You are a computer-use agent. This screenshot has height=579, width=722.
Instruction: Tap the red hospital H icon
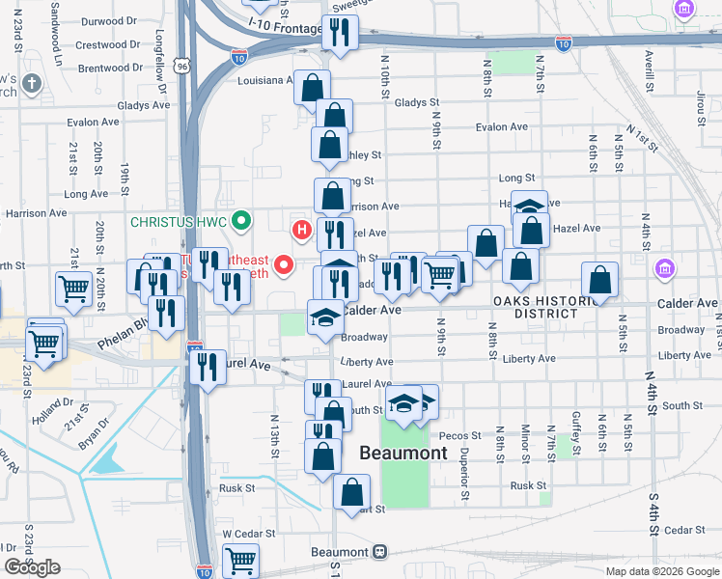[x=302, y=230]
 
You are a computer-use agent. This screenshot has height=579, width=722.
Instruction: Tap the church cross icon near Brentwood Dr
[x=32, y=83]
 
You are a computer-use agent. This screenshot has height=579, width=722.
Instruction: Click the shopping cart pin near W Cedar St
[x=240, y=559]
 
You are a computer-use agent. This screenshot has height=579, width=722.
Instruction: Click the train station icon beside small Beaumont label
[x=380, y=552]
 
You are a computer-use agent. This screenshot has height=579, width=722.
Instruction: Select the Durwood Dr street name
[x=109, y=21]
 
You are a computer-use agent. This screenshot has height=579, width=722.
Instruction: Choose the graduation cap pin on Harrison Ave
[x=529, y=207]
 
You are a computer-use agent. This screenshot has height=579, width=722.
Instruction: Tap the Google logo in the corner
[x=32, y=566]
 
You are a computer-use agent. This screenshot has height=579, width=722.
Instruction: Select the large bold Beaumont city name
[x=403, y=453]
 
